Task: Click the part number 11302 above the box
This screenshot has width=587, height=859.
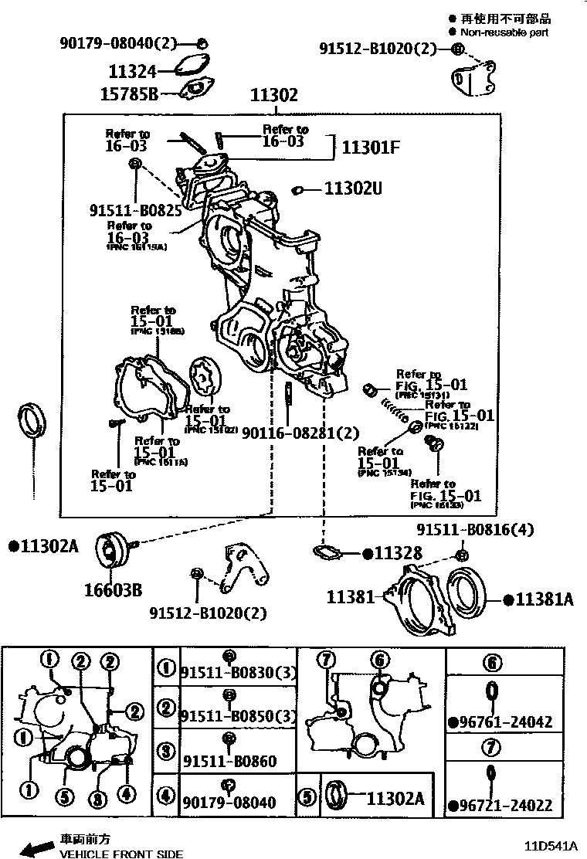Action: (273, 95)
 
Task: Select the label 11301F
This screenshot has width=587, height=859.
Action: (370, 147)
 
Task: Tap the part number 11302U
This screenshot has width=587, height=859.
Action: (353, 188)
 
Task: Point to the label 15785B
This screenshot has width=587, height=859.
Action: (129, 94)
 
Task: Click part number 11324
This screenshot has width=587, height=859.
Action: (132, 72)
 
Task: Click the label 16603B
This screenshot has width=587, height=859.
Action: (113, 591)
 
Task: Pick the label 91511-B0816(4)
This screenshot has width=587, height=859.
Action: (475, 530)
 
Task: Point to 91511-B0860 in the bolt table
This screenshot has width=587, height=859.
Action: (229, 762)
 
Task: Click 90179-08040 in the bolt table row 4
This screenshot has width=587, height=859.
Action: (229, 803)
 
